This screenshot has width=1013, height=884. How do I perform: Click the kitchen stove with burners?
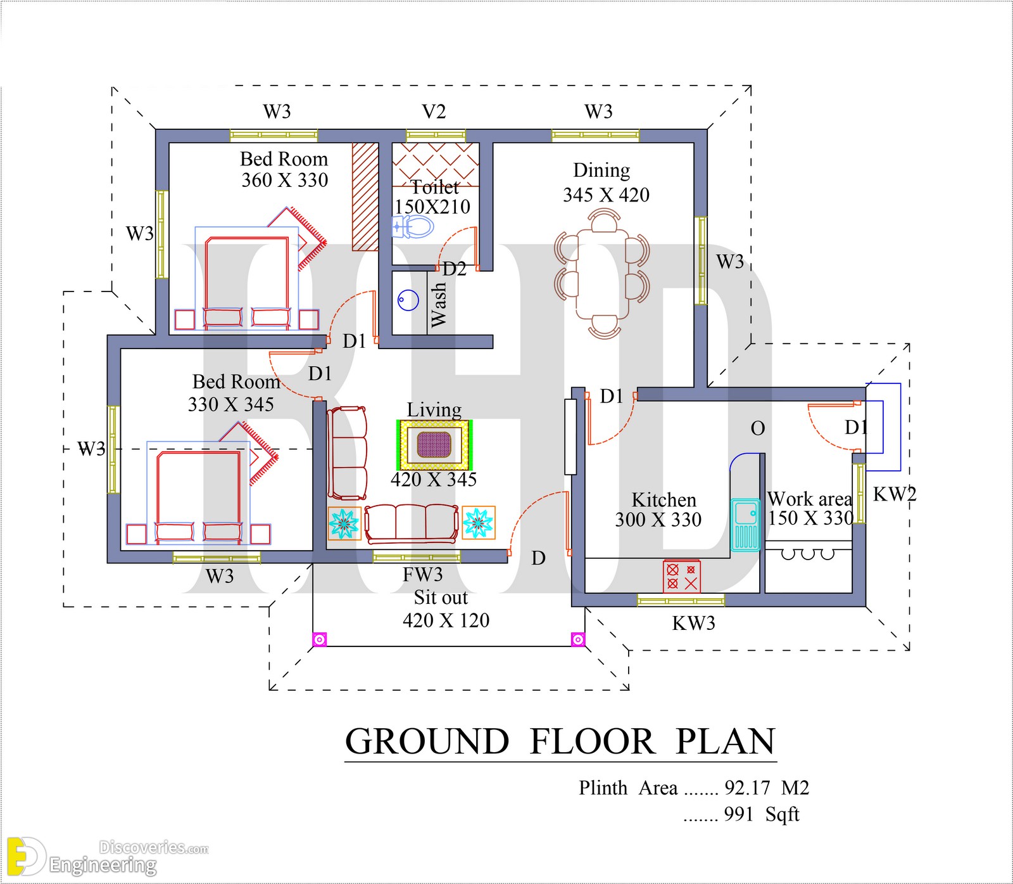point(681,576)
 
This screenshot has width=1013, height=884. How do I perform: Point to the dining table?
point(601,273)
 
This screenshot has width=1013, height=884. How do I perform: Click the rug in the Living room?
point(434,445)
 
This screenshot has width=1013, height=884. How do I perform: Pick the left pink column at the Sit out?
point(320,639)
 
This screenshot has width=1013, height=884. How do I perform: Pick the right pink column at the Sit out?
point(577,639)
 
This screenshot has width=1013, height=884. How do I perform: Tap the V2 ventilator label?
point(434,112)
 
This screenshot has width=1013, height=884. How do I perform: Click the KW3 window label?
point(693,624)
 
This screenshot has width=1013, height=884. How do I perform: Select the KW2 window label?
point(895,494)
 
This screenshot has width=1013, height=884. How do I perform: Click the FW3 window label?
point(422,575)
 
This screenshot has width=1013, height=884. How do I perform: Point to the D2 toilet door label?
point(454,269)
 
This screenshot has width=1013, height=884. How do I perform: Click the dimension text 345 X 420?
point(606,195)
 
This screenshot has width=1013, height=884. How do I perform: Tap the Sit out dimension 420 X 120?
point(446,620)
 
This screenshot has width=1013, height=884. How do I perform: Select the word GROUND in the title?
point(427,741)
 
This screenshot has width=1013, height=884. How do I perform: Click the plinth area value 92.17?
point(747,788)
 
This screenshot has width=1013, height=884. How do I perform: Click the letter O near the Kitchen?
point(758,429)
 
